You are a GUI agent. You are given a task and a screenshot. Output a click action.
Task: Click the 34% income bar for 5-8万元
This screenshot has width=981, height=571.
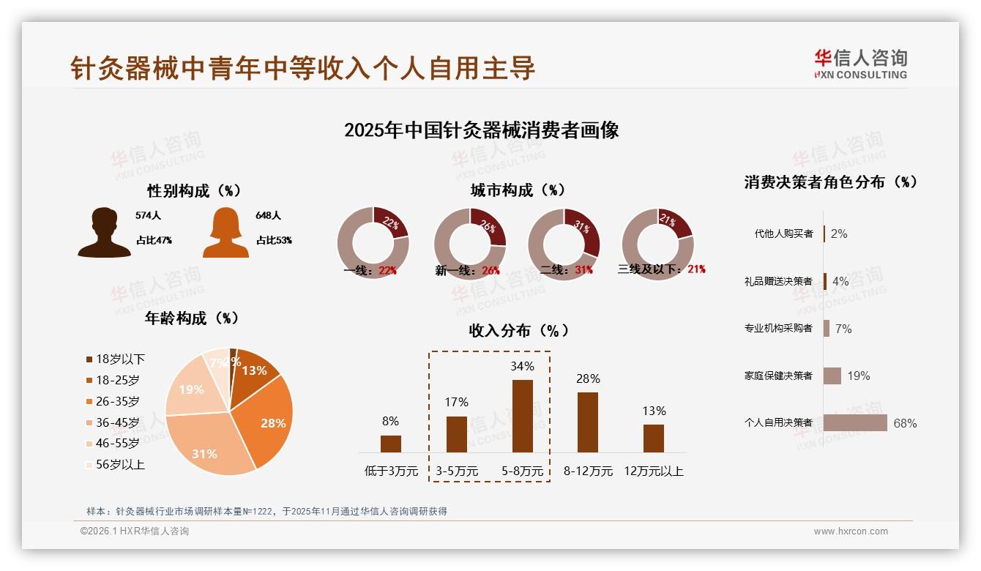coord(522,416)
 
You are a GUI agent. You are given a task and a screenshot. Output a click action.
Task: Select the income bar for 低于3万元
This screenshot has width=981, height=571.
coord(391,444)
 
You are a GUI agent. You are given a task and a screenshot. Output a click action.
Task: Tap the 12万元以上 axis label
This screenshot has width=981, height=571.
coord(653,471)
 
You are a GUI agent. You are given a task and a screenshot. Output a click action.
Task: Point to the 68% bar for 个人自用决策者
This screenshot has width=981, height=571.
coord(855,423)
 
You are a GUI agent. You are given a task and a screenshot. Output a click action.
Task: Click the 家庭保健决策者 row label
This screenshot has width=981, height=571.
coord(778,376)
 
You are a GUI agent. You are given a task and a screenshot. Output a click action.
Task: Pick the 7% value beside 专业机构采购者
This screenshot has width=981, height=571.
coord(843,329)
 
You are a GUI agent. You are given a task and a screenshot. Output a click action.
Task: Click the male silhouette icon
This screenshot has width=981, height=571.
coord(105,233)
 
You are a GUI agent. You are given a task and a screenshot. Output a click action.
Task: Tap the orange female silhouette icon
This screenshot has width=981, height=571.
coord(225,233)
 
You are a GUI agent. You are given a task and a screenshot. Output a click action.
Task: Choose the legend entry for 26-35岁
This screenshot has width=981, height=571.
coord(117,401)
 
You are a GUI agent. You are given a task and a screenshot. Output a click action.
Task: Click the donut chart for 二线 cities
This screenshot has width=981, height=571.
coord(564,244)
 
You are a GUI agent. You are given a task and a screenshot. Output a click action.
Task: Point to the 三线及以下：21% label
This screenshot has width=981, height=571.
coord(661,269)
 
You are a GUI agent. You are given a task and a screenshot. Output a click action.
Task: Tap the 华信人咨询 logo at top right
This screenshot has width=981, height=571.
coord(860,64)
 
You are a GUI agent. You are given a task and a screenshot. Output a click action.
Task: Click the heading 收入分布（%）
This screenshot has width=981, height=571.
coord(518,331)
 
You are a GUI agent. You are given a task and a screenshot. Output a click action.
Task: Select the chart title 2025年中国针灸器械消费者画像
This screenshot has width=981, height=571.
coord(482,130)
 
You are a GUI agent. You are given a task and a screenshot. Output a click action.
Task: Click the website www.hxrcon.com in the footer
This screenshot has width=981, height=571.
coord(851,531)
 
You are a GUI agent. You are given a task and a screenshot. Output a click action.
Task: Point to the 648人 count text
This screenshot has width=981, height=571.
coord(269,216)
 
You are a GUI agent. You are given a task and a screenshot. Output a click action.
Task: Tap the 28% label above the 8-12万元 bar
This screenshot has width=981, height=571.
coord(588,379)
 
